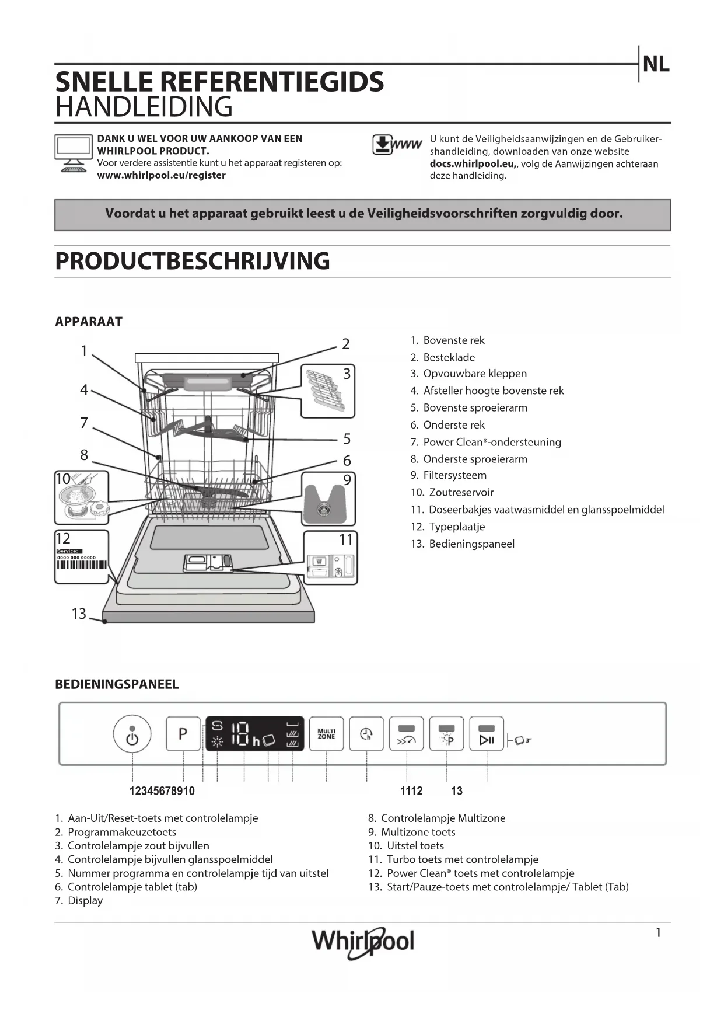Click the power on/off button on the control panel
[132, 734]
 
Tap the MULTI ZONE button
[326, 734]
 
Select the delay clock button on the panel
[366, 734]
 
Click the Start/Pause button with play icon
[487, 734]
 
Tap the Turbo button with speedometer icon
[406, 734]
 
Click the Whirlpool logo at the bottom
[362, 941]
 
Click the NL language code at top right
[656, 64]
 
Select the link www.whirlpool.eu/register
[161, 175]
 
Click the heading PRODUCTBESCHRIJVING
[193, 261]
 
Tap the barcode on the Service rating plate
[82, 565]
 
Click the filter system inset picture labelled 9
[328, 499]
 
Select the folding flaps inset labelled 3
[328, 391]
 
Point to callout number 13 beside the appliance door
[79, 614]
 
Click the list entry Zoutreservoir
[461, 492]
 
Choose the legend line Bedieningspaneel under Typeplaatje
[471, 544]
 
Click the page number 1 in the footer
[658, 932]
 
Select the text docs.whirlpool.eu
[471, 163]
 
